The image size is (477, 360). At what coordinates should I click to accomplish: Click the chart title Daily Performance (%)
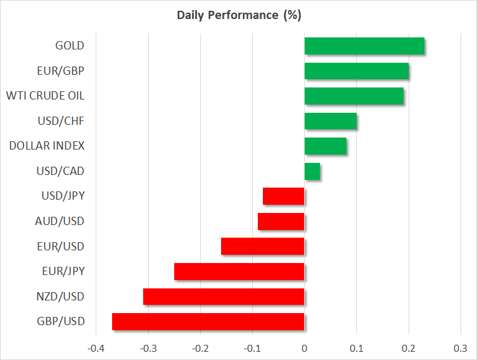pyautogui.click(x=238, y=15)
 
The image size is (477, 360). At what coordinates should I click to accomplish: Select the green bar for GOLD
pyautogui.click(x=364, y=46)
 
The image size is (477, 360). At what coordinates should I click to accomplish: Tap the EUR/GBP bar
pyautogui.click(x=357, y=71)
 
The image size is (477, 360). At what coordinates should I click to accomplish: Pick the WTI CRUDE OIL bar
pyautogui.click(x=354, y=96)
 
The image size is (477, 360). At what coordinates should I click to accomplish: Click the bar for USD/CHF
pyautogui.click(x=331, y=121)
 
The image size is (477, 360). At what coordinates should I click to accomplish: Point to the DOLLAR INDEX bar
pyautogui.click(x=326, y=146)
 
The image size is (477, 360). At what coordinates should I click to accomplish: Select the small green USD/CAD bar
pyautogui.click(x=312, y=171)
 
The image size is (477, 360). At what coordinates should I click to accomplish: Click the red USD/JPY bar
pyautogui.click(x=284, y=196)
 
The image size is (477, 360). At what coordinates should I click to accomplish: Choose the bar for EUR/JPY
pyautogui.click(x=239, y=272)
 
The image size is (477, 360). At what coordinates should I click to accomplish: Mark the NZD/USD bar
pyautogui.click(x=224, y=297)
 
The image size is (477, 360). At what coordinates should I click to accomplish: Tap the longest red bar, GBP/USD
pyautogui.click(x=208, y=322)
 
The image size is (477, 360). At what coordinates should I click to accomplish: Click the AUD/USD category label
pyautogui.click(x=60, y=221)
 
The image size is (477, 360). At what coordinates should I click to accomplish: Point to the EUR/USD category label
pyautogui.click(x=60, y=246)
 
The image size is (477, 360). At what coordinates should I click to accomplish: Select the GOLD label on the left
pyautogui.click(x=70, y=46)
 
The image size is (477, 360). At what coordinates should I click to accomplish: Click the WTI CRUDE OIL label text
pyautogui.click(x=45, y=96)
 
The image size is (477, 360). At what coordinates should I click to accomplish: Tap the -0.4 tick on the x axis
pyautogui.click(x=96, y=349)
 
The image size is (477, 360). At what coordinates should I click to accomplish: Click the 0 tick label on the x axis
pyautogui.click(x=305, y=349)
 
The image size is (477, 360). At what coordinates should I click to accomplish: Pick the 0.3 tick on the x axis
pyautogui.click(x=461, y=349)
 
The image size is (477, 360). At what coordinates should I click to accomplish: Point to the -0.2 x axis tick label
pyautogui.click(x=200, y=349)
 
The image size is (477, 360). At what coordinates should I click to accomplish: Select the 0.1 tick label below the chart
pyautogui.click(x=357, y=349)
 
